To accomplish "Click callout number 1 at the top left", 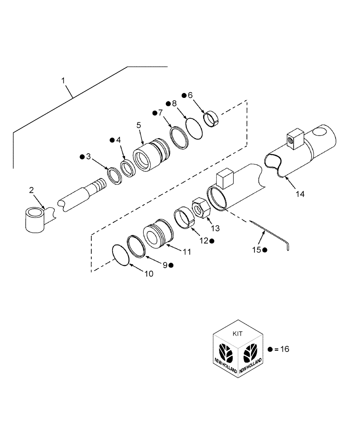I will click(x=63, y=81).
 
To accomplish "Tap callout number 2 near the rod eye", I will click(x=31, y=190).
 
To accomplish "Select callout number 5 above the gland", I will click(x=139, y=125).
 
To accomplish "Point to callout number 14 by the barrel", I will click(x=300, y=194).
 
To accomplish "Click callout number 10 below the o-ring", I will click(x=148, y=274).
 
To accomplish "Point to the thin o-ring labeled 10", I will click(x=121, y=256).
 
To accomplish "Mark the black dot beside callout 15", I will click(x=265, y=250).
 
